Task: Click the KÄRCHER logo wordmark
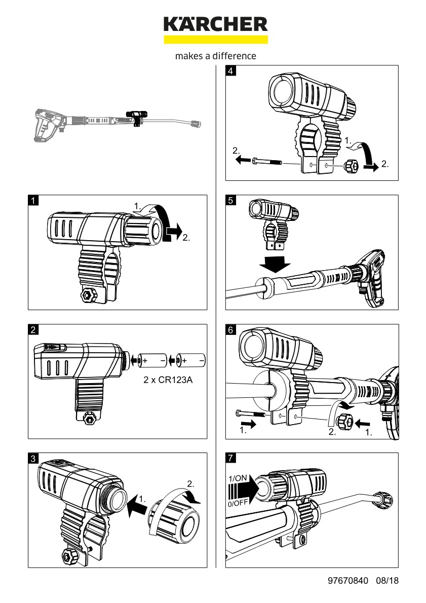click(215, 24)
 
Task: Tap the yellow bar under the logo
click(215, 39)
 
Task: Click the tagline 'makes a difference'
click(215, 56)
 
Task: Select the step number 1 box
click(33, 200)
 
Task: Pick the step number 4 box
click(231, 71)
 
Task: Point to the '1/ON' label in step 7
click(238, 478)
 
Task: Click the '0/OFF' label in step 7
click(238, 503)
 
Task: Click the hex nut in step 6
click(345, 420)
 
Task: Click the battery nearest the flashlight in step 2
click(154, 360)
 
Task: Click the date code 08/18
click(388, 581)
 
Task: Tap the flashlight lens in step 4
click(280, 93)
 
